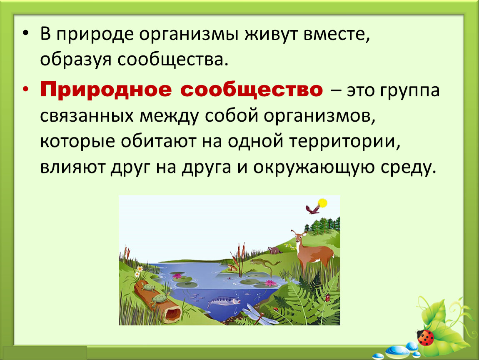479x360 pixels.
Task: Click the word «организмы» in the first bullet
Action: click(x=189, y=34)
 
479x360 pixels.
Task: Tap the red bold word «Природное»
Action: click(x=106, y=90)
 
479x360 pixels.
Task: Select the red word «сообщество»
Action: click(x=252, y=90)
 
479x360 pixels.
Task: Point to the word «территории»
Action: click(x=345, y=142)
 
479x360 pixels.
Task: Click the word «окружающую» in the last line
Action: click(x=314, y=168)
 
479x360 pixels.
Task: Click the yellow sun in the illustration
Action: click(x=322, y=203)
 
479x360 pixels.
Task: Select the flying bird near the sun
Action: click(x=312, y=209)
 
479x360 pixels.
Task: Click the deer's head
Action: click(x=299, y=237)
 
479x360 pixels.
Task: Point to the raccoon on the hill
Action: click(x=275, y=250)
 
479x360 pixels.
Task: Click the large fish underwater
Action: click(x=223, y=301)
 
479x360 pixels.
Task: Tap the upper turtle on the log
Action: click(x=148, y=287)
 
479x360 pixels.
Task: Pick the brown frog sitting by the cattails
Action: click(x=232, y=268)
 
